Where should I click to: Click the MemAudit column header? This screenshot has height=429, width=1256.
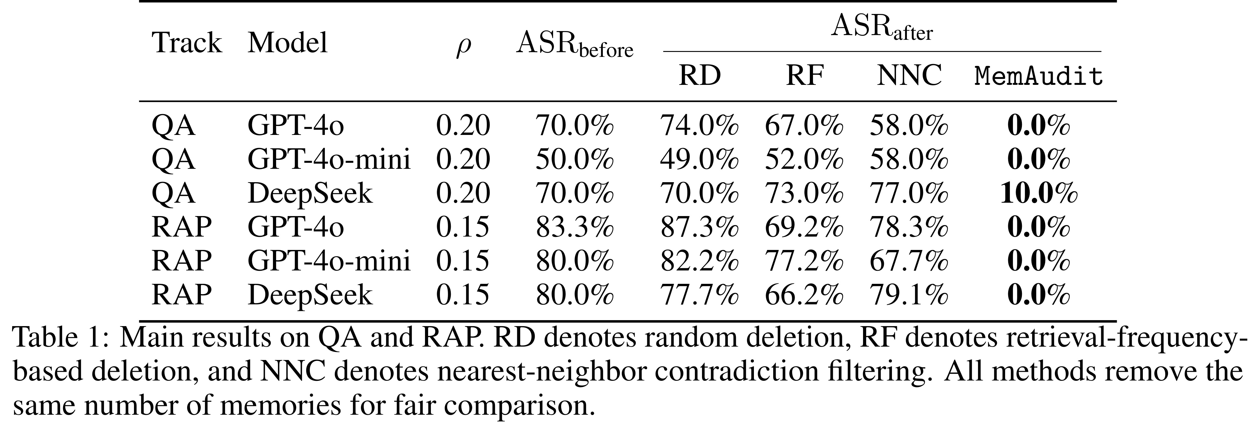coord(1039,76)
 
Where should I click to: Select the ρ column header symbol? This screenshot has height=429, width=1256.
coord(463,47)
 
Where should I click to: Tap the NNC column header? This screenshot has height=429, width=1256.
coord(909,76)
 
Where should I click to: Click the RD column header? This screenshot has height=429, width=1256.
coord(700,76)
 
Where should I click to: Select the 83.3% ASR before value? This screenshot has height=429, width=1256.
coord(574,227)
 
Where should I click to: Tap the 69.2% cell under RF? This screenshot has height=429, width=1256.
coord(804,227)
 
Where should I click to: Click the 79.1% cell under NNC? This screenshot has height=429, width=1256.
coord(909,294)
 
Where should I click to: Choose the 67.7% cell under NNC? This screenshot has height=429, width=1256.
coord(909,261)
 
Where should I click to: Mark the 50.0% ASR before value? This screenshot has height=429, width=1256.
coord(574,159)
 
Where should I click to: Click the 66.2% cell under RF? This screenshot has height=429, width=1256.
coord(804,294)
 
